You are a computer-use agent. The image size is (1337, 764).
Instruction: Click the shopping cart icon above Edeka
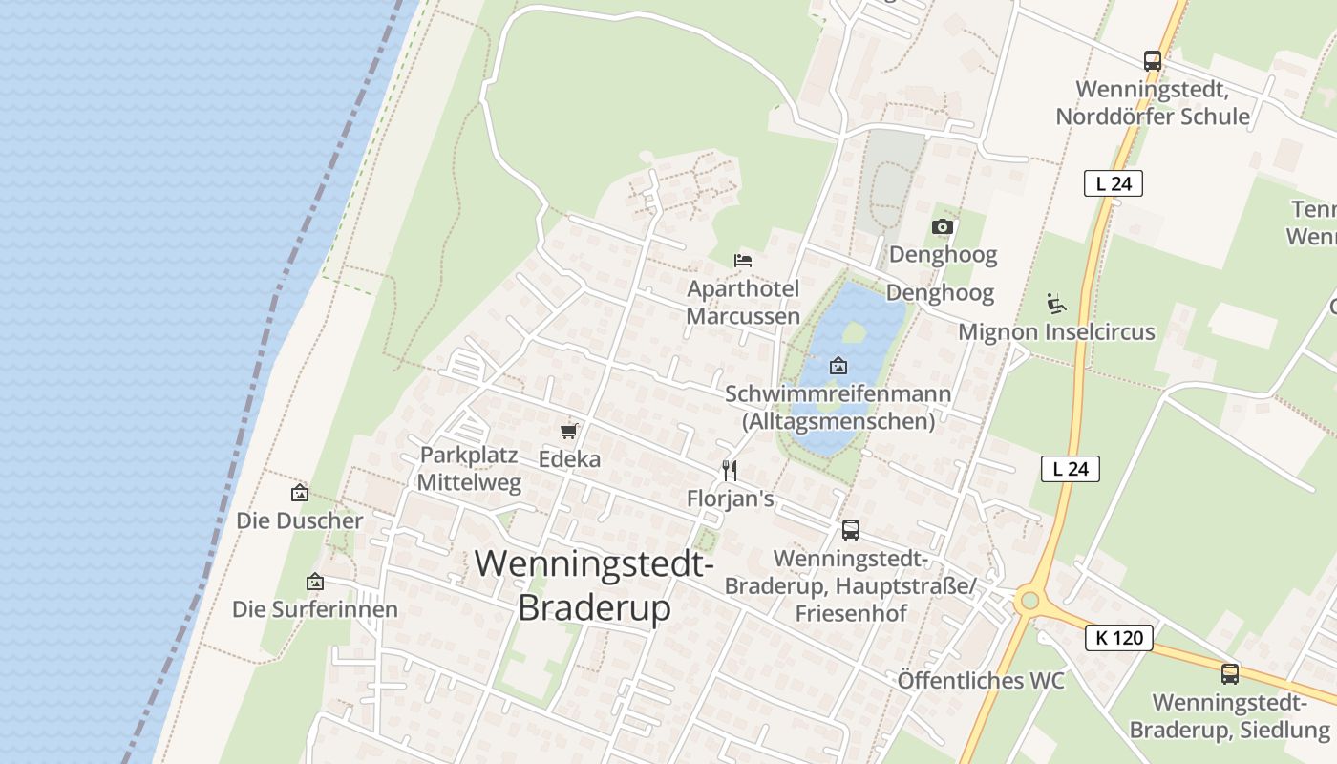pyautogui.click(x=569, y=431)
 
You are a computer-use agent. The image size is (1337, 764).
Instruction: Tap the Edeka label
pyautogui.click(x=569, y=459)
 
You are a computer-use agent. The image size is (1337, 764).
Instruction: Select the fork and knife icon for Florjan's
pyautogui.click(x=730, y=470)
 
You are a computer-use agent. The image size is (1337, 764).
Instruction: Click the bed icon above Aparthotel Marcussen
pyautogui.click(x=743, y=260)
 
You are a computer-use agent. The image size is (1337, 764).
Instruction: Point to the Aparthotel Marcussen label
pyautogui.click(x=743, y=302)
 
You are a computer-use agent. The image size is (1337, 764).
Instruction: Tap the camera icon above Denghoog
pyautogui.click(x=943, y=226)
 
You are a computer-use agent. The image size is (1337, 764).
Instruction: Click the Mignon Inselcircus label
pyautogui.click(x=1056, y=332)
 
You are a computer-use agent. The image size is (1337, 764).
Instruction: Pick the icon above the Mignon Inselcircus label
pyautogui.click(x=1056, y=305)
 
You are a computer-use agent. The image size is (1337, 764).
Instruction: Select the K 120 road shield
pyautogui.click(x=1118, y=638)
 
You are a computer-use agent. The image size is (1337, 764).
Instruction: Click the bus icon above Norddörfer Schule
pyautogui.click(x=1153, y=61)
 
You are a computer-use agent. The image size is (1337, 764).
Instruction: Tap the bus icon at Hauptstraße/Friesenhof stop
pyautogui.click(x=850, y=530)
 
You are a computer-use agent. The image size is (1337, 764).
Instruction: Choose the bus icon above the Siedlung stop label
pyautogui.click(x=1230, y=674)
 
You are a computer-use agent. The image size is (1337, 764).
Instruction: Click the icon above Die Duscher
pyautogui.click(x=300, y=493)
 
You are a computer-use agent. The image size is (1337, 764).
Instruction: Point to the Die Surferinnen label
pyautogui.click(x=315, y=609)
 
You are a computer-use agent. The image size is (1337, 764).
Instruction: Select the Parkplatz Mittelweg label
pyautogui.click(x=470, y=469)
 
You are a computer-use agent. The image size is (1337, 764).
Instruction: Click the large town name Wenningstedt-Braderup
pyautogui.click(x=594, y=585)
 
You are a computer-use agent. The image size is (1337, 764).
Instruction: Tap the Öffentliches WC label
pyautogui.click(x=981, y=681)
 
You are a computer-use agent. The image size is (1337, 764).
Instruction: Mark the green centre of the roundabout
pyautogui.click(x=1029, y=601)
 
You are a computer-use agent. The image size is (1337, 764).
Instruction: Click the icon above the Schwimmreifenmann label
pyautogui.click(x=838, y=366)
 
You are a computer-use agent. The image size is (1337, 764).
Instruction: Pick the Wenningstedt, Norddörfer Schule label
pyautogui.click(x=1153, y=103)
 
